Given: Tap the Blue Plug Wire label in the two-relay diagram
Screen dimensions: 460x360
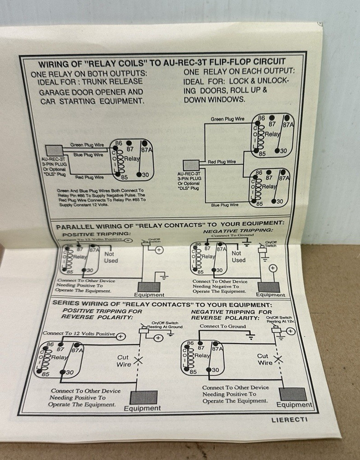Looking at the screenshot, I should (224, 204).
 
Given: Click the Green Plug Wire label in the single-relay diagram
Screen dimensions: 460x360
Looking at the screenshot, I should (87, 145).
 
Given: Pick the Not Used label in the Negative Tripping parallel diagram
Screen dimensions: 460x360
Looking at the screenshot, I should (238, 256).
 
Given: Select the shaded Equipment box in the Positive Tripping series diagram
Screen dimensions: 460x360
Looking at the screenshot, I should (143, 397).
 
